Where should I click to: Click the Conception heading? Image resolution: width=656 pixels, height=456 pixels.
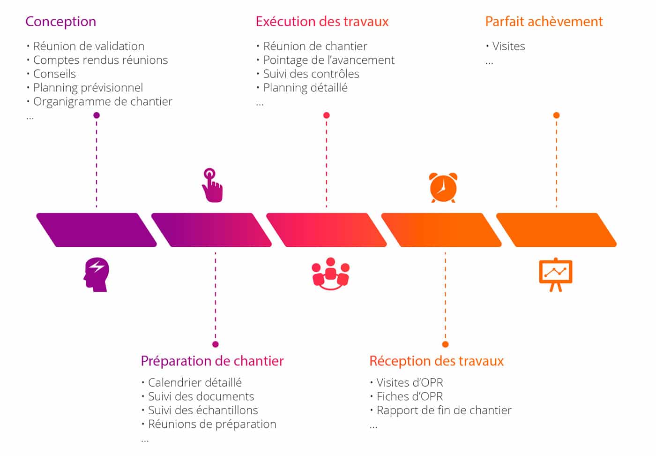[x=60, y=22]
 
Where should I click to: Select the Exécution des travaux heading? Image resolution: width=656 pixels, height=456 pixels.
[x=322, y=22]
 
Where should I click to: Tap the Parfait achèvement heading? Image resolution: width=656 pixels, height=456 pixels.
[x=544, y=22]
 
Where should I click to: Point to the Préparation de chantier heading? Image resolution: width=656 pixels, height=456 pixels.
[x=212, y=361]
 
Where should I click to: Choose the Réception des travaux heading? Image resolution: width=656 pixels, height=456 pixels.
[x=436, y=361]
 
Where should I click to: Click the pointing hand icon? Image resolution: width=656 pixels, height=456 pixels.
[x=212, y=185]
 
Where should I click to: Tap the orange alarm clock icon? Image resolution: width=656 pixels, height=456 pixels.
[x=443, y=187]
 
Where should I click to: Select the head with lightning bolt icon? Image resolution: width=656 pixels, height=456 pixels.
[x=97, y=274]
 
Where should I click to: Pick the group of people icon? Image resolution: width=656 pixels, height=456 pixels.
[x=330, y=274]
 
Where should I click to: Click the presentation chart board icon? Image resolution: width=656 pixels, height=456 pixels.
[x=556, y=274]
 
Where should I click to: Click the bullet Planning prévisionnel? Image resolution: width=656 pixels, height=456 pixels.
[x=88, y=88]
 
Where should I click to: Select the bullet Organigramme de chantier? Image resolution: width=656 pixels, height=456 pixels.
[x=103, y=101]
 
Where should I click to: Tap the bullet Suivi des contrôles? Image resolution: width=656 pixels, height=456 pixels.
[x=311, y=74]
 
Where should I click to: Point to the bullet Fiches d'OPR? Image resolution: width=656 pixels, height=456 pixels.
[x=410, y=396]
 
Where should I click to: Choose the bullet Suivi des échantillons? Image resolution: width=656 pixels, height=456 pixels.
[x=203, y=410]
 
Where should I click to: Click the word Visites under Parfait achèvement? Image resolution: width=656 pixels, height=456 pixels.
[x=508, y=46]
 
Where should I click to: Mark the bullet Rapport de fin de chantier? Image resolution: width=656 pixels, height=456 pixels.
[x=444, y=410]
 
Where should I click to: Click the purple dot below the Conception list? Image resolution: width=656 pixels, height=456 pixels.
[x=97, y=115]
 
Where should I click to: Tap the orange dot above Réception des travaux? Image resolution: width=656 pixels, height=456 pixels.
[x=445, y=344]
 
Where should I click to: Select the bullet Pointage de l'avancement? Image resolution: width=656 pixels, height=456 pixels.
[x=328, y=60]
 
